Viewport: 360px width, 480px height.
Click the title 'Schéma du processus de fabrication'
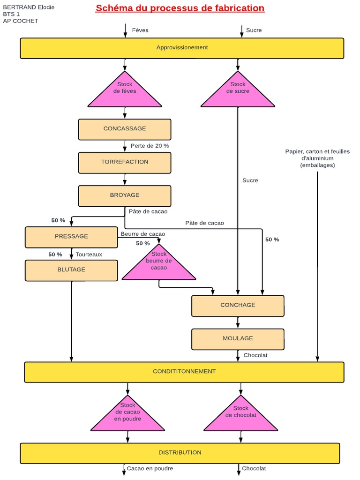[x=180, y=8]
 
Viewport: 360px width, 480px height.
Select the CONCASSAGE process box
[x=125, y=129]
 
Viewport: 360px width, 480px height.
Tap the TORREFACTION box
[x=125, y=162]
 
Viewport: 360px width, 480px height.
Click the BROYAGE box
[x=125, y=195]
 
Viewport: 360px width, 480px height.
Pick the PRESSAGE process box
[x=71, y=237]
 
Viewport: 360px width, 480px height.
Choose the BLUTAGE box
[x=71, y=270]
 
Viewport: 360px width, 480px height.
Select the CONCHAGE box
[x=238, y=305]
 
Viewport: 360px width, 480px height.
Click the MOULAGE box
[x=238, y=338]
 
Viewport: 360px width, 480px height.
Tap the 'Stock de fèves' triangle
[x=125, y=91]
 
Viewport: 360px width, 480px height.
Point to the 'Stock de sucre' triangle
[x=238, y=91]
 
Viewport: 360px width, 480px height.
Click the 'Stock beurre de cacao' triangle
[x=159, y=264]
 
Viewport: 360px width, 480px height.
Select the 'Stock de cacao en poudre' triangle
[x=127, y=415]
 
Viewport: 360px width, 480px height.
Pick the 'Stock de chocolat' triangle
[x=241, y=415]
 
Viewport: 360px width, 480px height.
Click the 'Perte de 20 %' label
[x=150, y=146]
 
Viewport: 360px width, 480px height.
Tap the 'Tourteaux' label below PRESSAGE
[x=89, y=255]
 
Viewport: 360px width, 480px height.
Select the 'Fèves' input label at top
[x=140, y=30]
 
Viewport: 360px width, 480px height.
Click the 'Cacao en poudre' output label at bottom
[x=150, y=468]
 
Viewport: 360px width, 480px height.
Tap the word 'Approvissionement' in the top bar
[x=182, y=48]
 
